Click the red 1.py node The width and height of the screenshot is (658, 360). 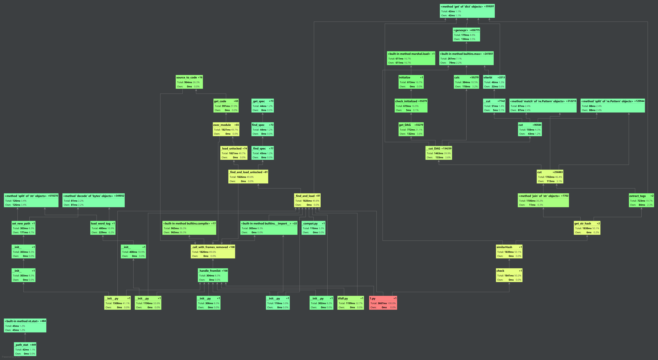click(x=383, y=303)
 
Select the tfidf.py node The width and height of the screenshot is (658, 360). click(x=351, y=303)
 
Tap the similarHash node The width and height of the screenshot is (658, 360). click(x=509, y=252)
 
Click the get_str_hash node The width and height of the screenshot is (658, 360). click(x=587, y=228)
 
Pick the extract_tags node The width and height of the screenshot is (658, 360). click(x=641, y=200)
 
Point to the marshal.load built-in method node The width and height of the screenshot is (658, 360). click(x=411, y=58)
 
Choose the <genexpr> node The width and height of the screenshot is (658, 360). click(x=466, y=34)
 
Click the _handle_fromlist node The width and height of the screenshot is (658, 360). click(x=213, y=275)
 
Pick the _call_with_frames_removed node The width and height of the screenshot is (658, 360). click(x=213, y=252)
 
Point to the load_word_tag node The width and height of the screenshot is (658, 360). click(x=103, y=228)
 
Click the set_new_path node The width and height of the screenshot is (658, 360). click(x=23, y=228)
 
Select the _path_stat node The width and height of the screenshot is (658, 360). click(x=25, y=349)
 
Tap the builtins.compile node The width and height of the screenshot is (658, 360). click(x=189, y=228)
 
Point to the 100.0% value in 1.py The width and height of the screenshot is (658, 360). click(x=392, y=303)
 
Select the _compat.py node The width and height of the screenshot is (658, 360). click(x=313, y=228)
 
